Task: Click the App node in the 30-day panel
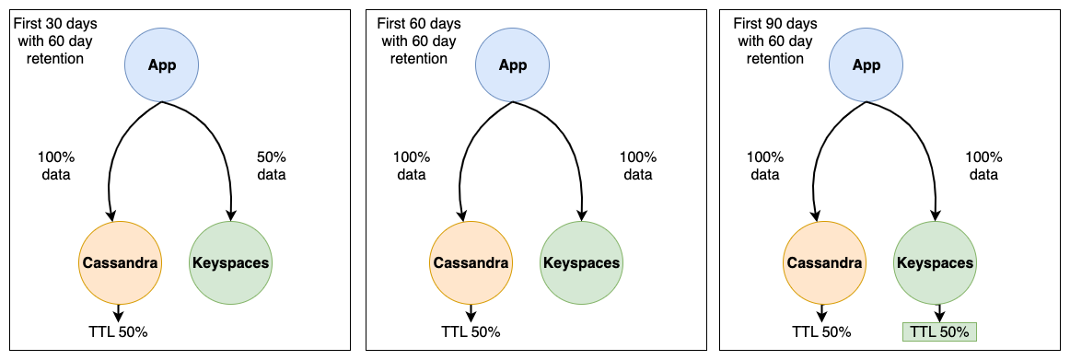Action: pos(162,64)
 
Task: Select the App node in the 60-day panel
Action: pos(513,64)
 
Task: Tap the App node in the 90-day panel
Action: pos(866,64)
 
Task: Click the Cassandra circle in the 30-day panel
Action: pos(120,262)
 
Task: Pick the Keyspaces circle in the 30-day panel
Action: pos(230,262)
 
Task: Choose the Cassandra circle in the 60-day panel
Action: pos(470,262)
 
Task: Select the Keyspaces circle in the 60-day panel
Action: pos(581,262)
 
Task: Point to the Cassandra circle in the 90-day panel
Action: pos(823,262)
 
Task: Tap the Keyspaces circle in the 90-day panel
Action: pos(935,262)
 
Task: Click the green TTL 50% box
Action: pos(939,332)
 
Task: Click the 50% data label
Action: pos(271,165)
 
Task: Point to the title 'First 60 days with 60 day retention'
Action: pos(419,41)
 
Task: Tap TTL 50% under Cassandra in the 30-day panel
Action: pos(118,332)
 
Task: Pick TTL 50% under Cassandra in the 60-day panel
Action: pos(471,332)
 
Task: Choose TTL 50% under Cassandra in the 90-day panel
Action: pos(821,332)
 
